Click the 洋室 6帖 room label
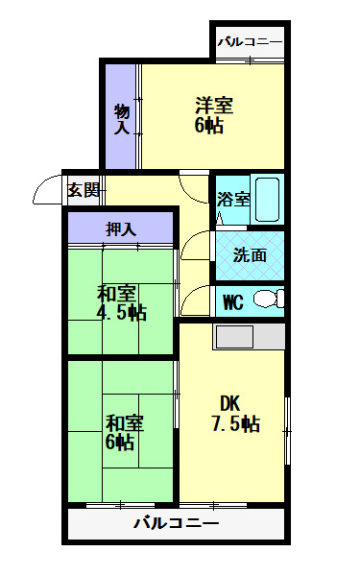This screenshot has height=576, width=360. click(x=214, y=114)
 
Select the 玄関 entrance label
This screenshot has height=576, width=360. click(x=83, y=190)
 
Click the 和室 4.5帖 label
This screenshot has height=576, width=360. click(x=120, y=302)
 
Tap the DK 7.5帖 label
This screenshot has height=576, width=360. click(x=234, y=413)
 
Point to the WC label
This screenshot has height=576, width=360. click(x=232, y=302)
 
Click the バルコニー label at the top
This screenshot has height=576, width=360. click(x=250, y=42)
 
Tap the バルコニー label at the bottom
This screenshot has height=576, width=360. click(x=176, y=524)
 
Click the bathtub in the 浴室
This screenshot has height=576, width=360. click(x=269, y=200)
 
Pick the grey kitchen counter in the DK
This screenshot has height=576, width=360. click(x=248, y=337)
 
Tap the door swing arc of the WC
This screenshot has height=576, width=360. click(x=195, y=300)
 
